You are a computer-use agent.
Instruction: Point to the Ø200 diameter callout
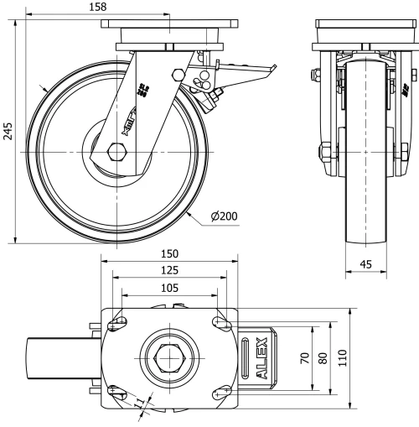[x=225, y=216]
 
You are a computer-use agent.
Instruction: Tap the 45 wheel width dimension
[x=366, y=263]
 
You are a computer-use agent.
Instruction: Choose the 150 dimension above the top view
[x=169, y=253]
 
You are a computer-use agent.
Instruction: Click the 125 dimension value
[x=169, y=270]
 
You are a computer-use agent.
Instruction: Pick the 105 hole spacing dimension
[x=169, y=288]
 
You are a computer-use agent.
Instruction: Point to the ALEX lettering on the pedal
[x=261, y=357]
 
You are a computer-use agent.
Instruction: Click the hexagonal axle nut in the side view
[x=116, y=152]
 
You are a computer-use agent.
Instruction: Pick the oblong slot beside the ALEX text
[x=246, y=357]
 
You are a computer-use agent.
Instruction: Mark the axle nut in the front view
[x=323, y=153]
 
